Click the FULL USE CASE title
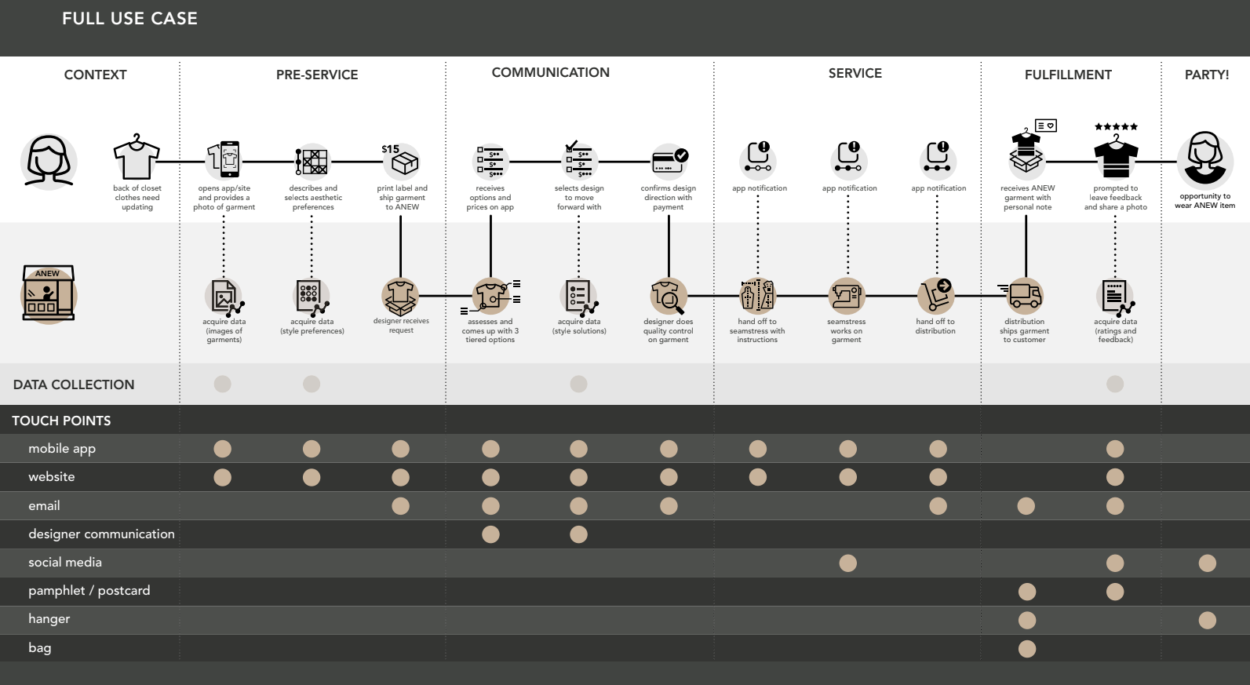[x=129, y=19]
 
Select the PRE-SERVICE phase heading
[x=317, y=75]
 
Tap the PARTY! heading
[x=1207, y=75]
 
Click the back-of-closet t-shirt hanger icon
[x=137, y=158]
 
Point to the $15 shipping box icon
[x=403, y=161]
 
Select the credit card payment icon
[x=669, y=161]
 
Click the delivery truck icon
[x=1025, y=296]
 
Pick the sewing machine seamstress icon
[x=847, y=297]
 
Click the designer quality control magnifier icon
[x=668, y=297]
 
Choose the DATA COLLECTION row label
[x=74, y=384]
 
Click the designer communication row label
[x=101, y=534]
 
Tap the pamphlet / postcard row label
[x=89, y=591]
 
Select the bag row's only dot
[x=1026, y=649]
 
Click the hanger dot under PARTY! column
[x=1207, y=621]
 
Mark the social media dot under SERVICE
[x=847, y=563]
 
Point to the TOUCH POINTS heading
[x=61, y=421]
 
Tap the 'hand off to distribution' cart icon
[x=935, y=296]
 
